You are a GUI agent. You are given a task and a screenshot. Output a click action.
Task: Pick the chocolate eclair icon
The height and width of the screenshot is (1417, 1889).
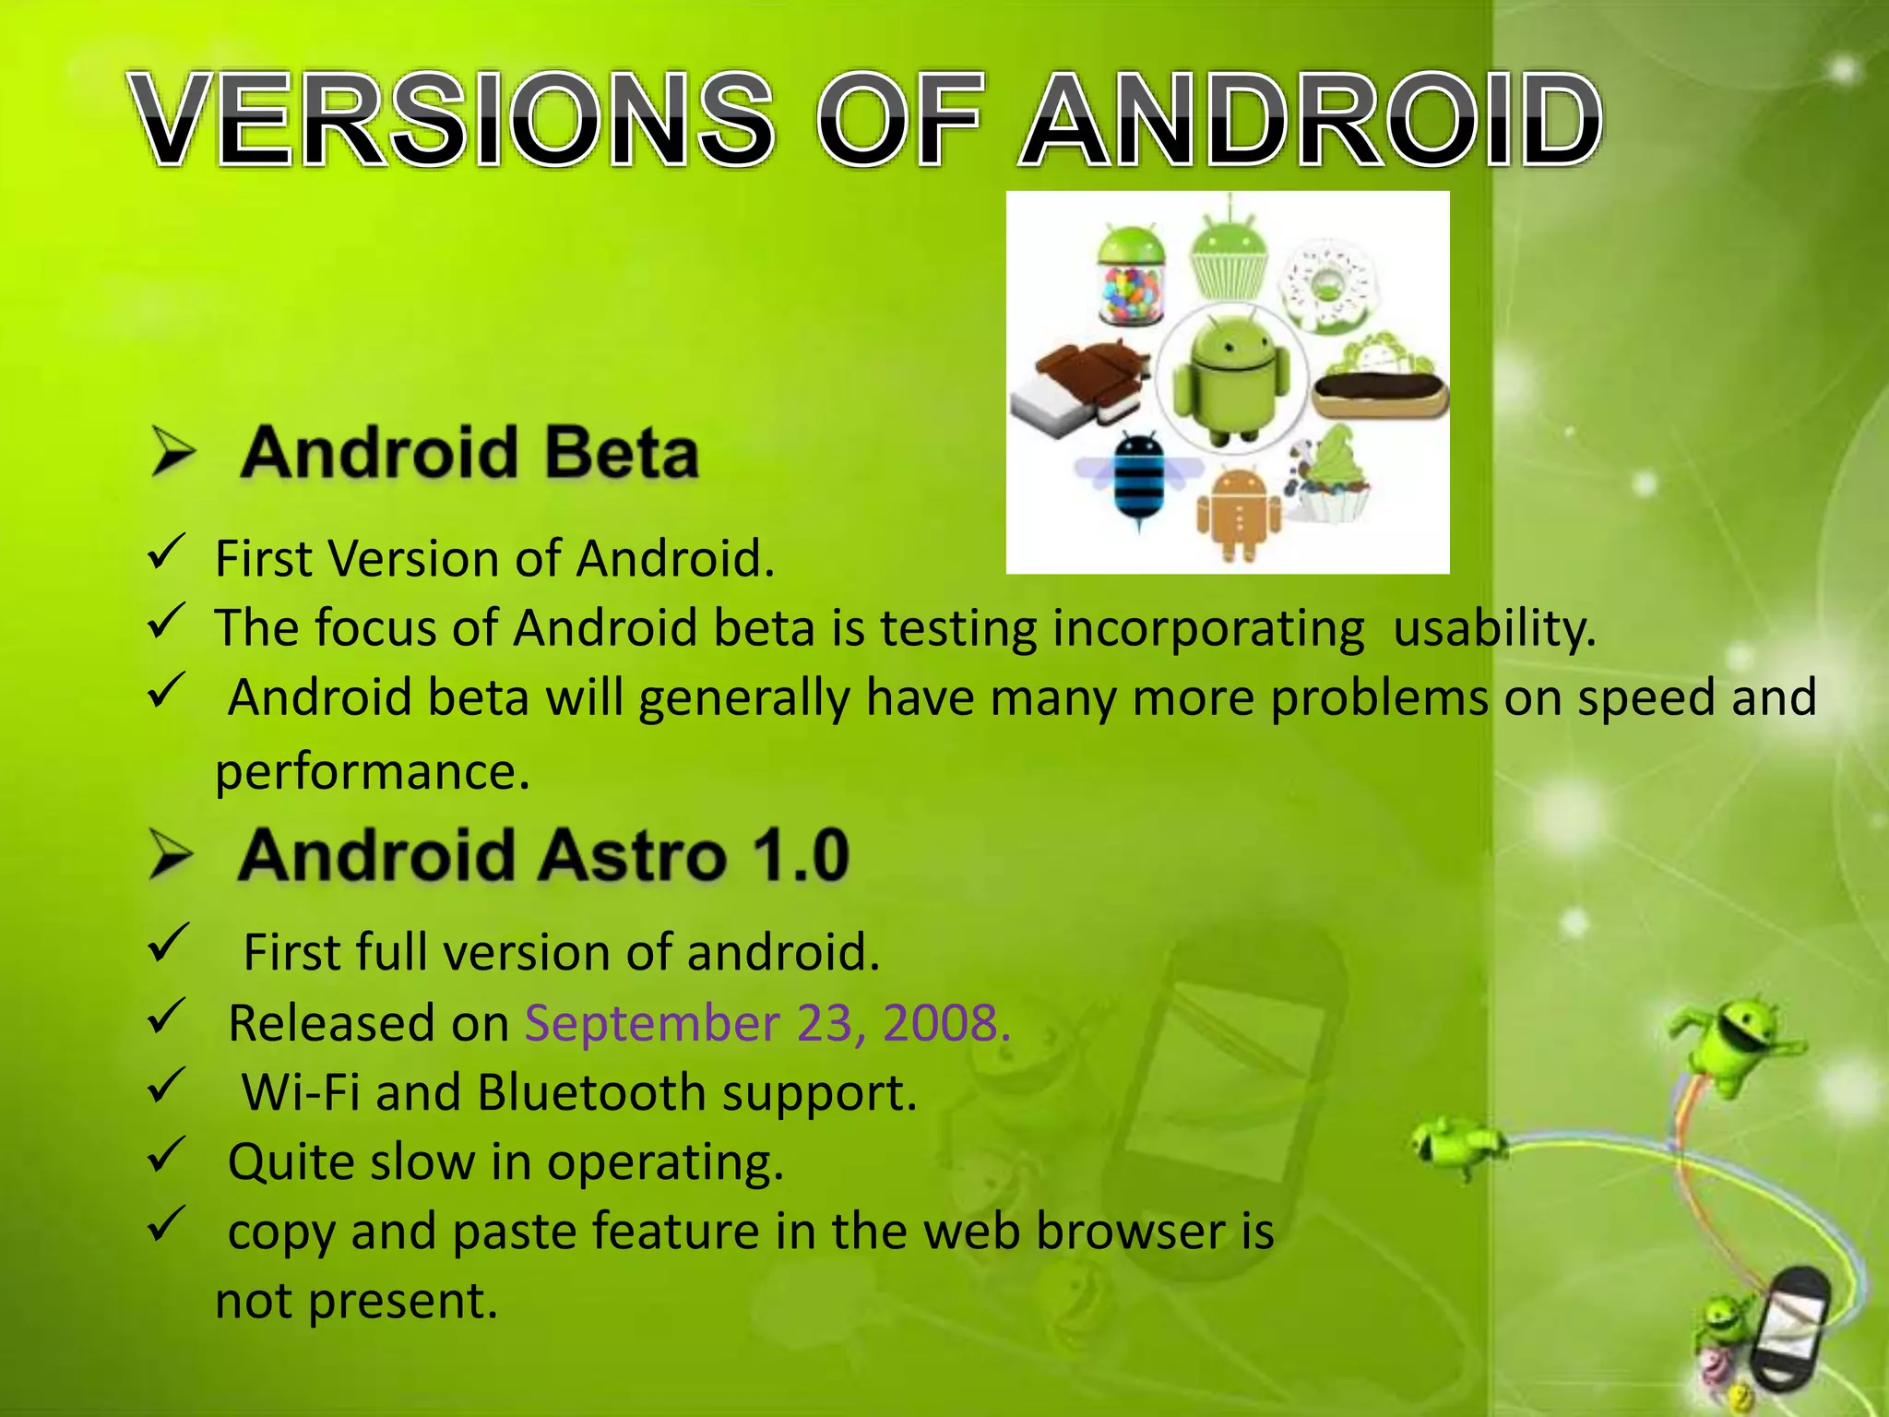point(1380,387)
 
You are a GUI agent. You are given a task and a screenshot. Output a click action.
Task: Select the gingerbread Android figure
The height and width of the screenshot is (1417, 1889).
point(1239,512)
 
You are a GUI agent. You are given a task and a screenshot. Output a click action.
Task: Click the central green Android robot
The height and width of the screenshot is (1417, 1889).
point(1231,378)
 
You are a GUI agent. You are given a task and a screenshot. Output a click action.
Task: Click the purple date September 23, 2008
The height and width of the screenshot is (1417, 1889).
point(767,1023)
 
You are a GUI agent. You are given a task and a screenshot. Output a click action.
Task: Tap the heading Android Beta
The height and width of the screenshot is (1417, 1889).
point(469,453)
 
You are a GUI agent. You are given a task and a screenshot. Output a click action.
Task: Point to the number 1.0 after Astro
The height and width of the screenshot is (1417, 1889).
point(801,855)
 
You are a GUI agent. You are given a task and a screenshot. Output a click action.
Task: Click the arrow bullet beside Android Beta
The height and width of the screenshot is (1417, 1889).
point(173,452)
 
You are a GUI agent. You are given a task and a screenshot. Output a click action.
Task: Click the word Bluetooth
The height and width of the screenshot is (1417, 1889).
point(592,1092)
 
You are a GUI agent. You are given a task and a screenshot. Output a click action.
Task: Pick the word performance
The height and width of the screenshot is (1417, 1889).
point(372,771)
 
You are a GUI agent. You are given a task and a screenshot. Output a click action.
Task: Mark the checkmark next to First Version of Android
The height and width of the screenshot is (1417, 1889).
point(167,553)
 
